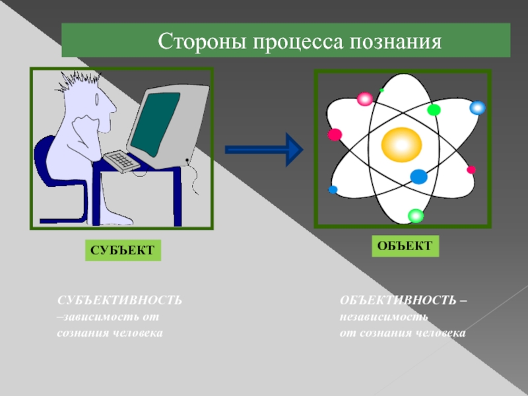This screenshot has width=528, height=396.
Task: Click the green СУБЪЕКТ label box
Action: pos(123,251)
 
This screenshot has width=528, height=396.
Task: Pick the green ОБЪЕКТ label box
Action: pos(405,246)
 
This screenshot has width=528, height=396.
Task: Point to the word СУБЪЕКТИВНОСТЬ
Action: pos(119,301)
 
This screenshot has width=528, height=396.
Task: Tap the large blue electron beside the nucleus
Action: pos(418,176)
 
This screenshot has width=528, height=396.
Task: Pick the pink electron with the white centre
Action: pos(364,99)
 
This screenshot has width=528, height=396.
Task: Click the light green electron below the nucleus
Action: pos(415,215)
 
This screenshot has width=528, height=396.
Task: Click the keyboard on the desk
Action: pos(121,160)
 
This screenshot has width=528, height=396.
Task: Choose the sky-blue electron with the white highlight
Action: pos(477,108)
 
